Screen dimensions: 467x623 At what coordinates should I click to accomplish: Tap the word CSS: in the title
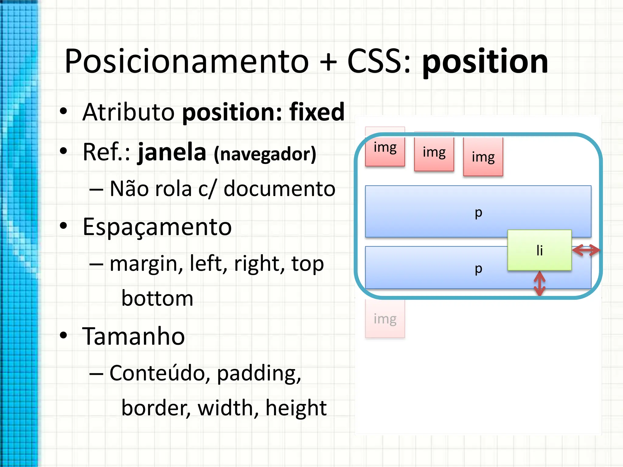(x=379, y=62)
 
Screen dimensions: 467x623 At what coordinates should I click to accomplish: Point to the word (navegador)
(x=265, y=154)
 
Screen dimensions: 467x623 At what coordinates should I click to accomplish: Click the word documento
(x=279, y=189)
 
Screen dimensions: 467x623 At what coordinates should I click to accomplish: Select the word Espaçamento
(x=157, y=227)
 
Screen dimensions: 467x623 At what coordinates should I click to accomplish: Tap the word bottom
(x=157, y=298)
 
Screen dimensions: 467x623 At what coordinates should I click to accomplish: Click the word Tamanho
(x=134, y=336)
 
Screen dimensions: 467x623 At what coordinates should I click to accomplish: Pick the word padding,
(x=259, y=373)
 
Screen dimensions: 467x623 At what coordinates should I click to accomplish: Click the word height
(x=296, y=408)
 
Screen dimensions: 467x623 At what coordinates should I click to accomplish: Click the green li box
(x=539, y=250)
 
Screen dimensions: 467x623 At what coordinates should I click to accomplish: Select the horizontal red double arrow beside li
(x=586, y=250)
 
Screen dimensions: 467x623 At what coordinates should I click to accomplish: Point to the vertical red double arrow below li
(x=539, y=283)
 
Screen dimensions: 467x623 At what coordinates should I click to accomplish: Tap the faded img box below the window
(x=385, y=319)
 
